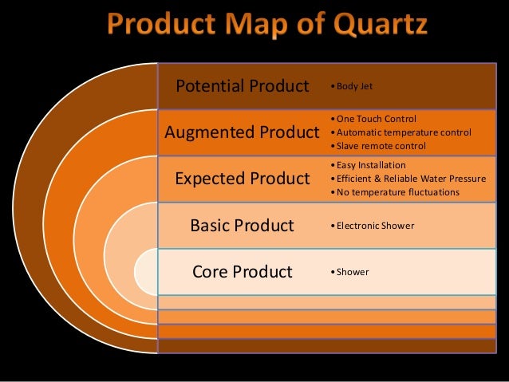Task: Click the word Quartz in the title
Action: pyautogui.click(x=373, y=26)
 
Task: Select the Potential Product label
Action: pyautogui.click(x=242, y=85)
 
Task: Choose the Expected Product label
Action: pyautogui.click(x=242, y=179)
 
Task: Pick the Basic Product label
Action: pyautogui.click(x=242, y=226)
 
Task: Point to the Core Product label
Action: pyautogui.click(x=242, y=272)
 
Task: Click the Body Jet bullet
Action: pyautogui.click(x=354, y=85)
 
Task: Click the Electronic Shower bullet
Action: pyautogui.click(x=371, y=226)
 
